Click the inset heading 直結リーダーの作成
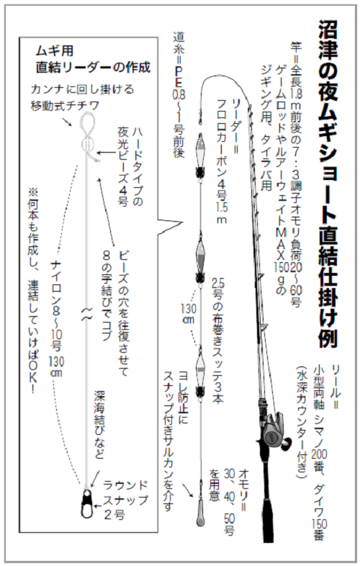click(94, 69)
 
